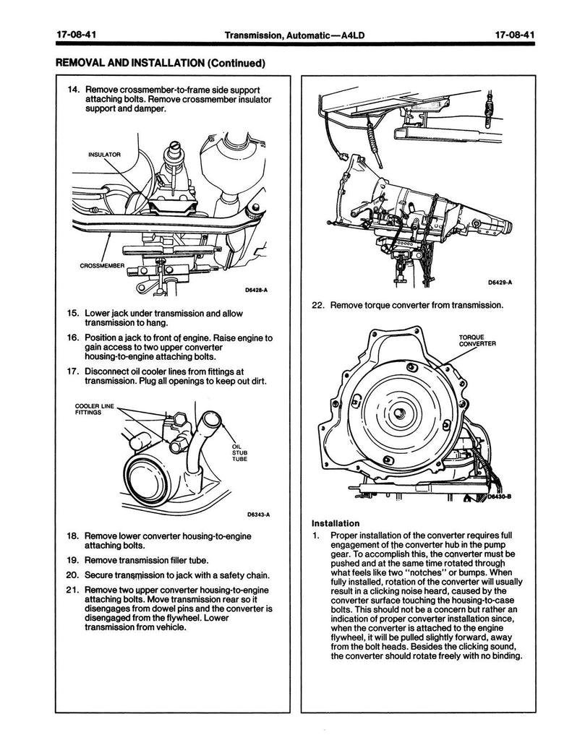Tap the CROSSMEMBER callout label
[x=102, y=266]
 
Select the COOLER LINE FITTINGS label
[x=90, y=410]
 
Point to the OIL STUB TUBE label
[x=240, y=452]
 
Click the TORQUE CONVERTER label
[x=477, y=340]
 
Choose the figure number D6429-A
[x=498, y=283]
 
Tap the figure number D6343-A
[x=257, y=515]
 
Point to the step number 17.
[x=72, y=372]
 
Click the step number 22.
[x=318, y=306]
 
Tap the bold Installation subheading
[x=336, y=523]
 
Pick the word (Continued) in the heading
[x=234, y=63]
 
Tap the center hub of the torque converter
[x=398, y=413]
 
